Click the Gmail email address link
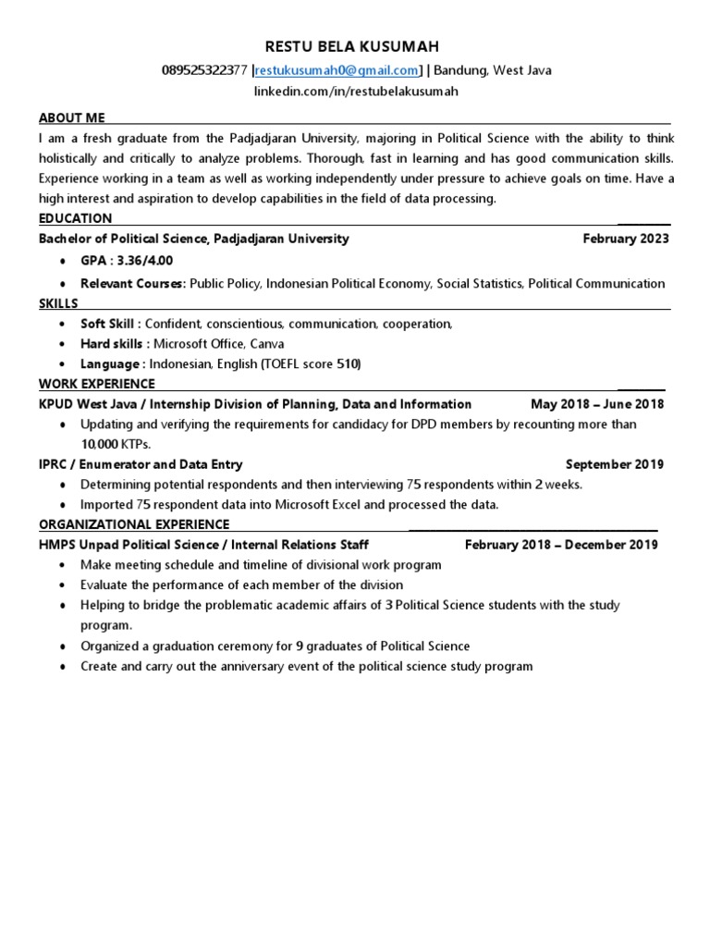[x=337, y=70]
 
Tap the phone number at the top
[x=204, y=70]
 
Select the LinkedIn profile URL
[x=356, y=92]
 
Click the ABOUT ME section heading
[x=71, y=117]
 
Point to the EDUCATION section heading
[x=75, y=218]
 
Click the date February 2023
[x=625, y=239]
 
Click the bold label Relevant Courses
[x=132, y=283]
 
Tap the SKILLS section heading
[x=58, y=303]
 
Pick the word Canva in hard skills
[x=267, y=344]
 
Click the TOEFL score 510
[x=349, y=364]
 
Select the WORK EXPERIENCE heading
[x=96, y=384]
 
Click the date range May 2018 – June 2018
[x=596, y=404]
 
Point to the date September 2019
[x=614, y=464]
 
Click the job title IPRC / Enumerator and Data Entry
[x=141, y=464]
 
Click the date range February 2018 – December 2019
[x=560, y=545]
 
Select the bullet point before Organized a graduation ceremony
[x=61, y=646]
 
